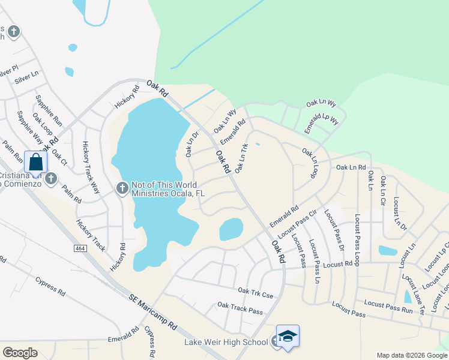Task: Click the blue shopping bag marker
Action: (36, 162)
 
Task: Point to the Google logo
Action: (20, 353)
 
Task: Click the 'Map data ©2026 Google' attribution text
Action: (411, 355)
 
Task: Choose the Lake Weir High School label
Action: (226, 342)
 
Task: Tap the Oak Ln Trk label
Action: (241, 158)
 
